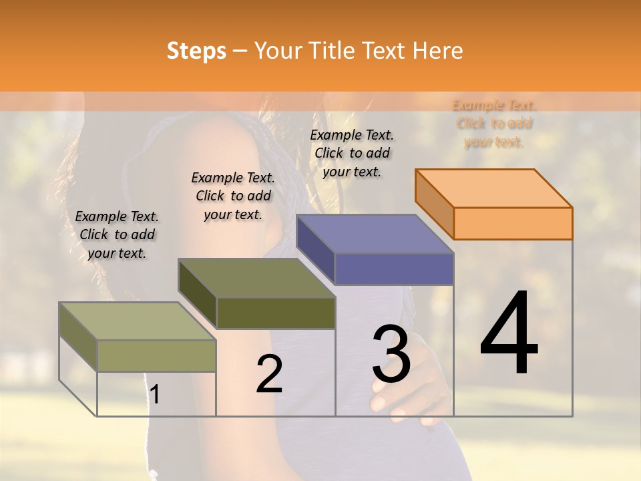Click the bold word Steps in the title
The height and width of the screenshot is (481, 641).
(x=196, y=51)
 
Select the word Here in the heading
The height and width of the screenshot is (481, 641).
(x=437, y=51)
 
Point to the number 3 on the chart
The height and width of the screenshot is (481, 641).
(x=391, y=353)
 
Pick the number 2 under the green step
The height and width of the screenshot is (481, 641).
(x=269, y=374)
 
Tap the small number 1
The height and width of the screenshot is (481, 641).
(x=155, y=395)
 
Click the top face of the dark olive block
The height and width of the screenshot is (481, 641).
(x=256, y=278)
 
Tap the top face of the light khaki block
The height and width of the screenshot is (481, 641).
(x=138, y=321)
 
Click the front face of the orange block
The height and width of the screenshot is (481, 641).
(x=513, y=223)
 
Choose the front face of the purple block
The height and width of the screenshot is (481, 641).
(x=394, y=269)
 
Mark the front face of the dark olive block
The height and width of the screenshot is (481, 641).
(x=276, y=313)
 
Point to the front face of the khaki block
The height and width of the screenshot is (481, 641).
(x=156, y=355)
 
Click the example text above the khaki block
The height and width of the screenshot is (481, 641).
(x=117, y=234)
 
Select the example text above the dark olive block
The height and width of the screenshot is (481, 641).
(x=233, y=196)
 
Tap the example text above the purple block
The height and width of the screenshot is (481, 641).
(x=352, y=153)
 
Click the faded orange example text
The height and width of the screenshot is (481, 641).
(x=494, y=124)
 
